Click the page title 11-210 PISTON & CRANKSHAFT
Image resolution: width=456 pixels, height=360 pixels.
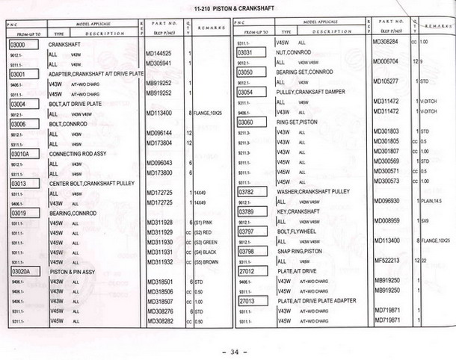(228, 9)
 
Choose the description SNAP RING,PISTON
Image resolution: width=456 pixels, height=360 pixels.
(301, 251)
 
